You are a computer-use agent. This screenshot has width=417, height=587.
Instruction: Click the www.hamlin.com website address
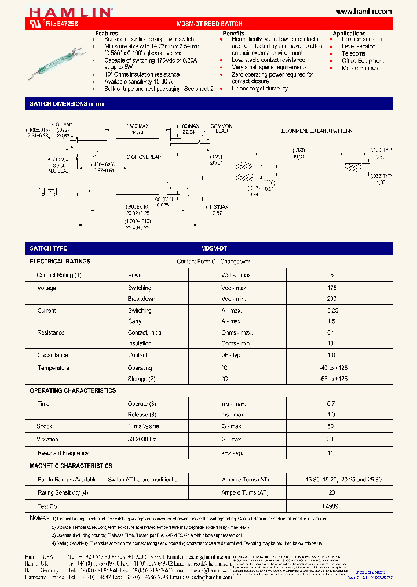point(364,12)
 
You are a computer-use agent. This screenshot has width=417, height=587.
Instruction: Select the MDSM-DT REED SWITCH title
point(209,24)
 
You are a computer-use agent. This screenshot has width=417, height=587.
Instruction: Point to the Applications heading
point(349,34)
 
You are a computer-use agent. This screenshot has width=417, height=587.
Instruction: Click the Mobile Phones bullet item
point(360,68)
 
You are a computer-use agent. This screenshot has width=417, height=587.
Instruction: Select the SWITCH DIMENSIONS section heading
point(68,104)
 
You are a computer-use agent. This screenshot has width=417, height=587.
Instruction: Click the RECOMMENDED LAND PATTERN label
point(315,131)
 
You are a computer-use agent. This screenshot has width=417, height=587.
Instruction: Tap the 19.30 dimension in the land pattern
point(299,157)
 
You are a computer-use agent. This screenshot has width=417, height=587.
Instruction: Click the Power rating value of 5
point(332,275)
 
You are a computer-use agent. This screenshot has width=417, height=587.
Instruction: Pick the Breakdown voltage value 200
point(331,299)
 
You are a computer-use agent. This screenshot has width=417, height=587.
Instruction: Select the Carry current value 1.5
point(332,321)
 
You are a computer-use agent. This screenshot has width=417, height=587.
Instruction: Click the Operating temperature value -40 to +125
point(332,368)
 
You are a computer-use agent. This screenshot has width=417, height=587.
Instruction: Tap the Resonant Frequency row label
point(63,453)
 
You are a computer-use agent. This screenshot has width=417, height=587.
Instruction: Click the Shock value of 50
point(332,426)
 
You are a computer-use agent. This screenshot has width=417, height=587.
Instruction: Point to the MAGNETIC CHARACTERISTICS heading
point(71,466)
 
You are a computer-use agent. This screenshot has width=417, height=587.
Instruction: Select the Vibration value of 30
point(332,440)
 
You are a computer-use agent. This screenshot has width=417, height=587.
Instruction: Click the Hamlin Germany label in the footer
point(41,570)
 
